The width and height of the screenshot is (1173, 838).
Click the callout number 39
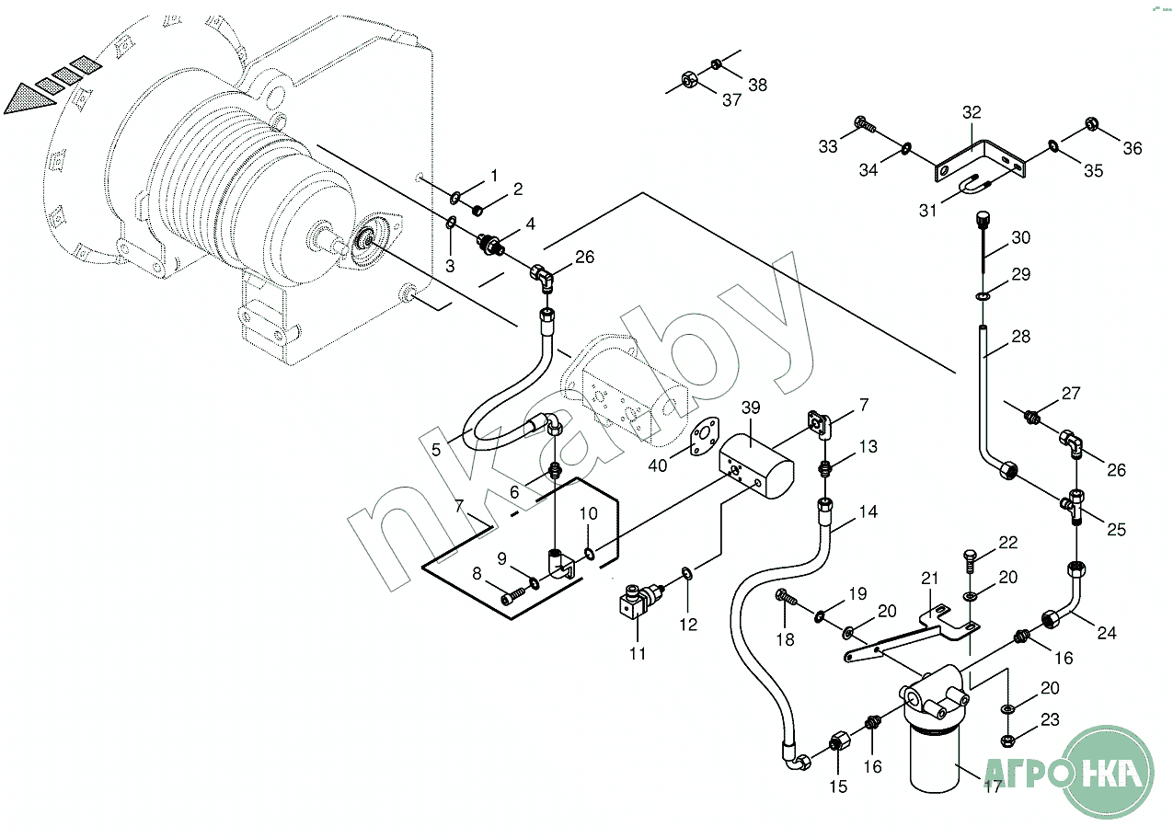[751, 408]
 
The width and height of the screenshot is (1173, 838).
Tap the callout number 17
[992, 786]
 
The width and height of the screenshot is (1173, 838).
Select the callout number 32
[972, 112]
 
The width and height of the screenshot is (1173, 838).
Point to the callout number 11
[638, 654]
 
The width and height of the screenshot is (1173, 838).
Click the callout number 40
[658, 465]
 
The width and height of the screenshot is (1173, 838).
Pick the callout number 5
[436, 450]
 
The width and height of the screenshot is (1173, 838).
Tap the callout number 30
[1020, 237]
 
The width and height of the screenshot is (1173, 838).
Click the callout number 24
[1107, 633]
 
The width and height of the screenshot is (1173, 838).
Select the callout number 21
[929, 579]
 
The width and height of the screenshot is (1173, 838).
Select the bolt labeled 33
[865, 124]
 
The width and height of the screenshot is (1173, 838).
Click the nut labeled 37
[688, 80]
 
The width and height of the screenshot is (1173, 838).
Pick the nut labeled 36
[1092, 124]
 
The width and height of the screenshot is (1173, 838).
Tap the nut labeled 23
[1006, 740]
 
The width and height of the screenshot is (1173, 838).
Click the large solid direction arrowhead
[28, 99]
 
